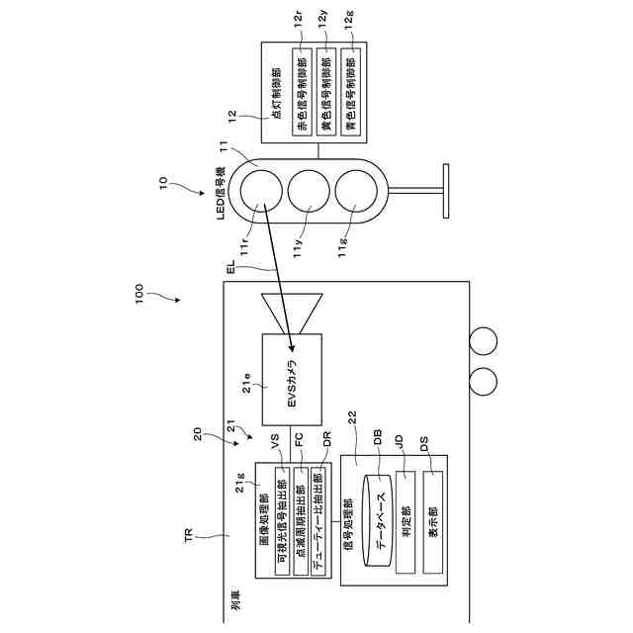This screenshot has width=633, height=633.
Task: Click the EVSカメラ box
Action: [293, 379]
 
